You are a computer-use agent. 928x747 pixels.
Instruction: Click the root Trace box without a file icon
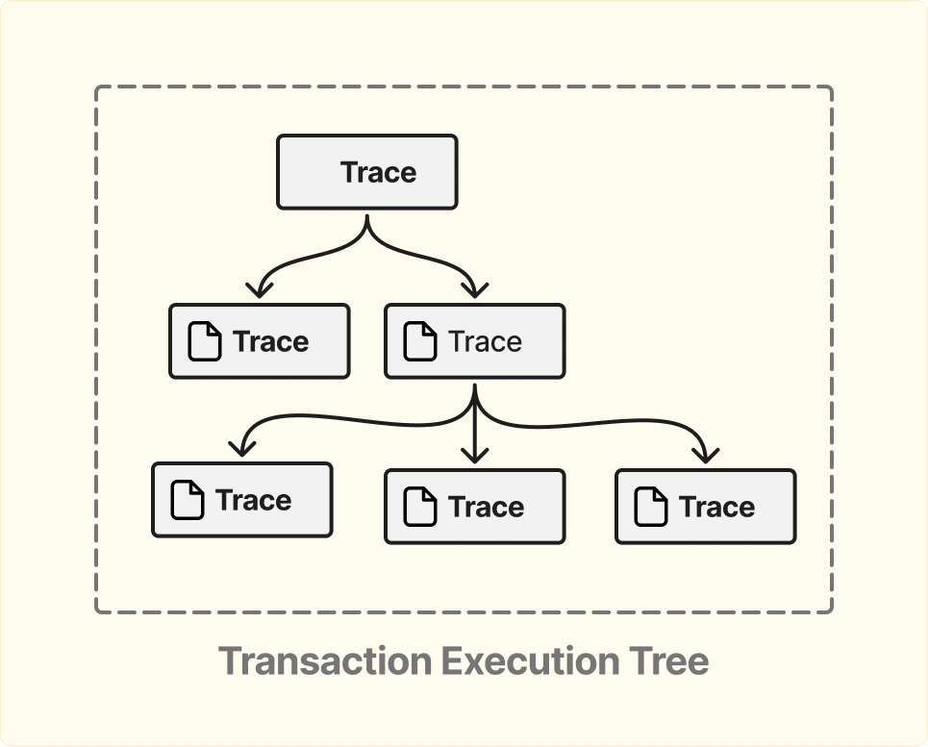click(366, 172)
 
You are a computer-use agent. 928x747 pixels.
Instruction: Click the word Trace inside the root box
click(378, 173)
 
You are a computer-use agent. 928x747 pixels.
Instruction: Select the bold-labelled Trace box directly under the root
click(260, 341)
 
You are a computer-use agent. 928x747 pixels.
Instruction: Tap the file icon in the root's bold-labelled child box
click(204, 342)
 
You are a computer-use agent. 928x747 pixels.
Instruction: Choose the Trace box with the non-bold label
click(474, 341)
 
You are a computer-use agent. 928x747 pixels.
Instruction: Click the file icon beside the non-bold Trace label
click(419, 342)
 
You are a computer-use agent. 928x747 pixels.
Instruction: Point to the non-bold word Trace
click(485, 342)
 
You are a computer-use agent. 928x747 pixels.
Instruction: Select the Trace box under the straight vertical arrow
click(474, 507)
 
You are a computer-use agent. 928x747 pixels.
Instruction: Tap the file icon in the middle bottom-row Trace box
click(419, 507)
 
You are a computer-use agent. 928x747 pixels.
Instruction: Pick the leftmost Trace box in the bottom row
click(242, 500)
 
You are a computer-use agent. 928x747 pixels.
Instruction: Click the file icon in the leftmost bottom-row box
click(188, 501)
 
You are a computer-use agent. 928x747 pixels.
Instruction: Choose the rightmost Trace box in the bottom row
click(705, 507)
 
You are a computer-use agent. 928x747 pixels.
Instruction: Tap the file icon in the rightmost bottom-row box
click(651, 507)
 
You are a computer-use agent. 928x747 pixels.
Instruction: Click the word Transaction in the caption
click(325, 661)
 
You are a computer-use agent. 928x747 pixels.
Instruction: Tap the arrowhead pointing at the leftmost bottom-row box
click(241, 448)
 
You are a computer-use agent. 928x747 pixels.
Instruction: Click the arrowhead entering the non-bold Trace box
click(474, 288)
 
